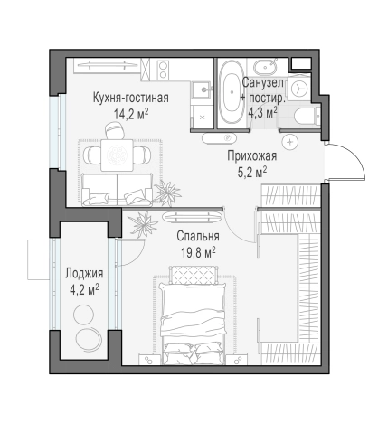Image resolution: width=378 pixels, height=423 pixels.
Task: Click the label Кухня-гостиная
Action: coord(129,97)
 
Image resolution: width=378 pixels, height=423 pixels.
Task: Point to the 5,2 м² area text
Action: coord(251,172)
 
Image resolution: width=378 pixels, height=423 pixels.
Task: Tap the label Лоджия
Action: coord(83,272)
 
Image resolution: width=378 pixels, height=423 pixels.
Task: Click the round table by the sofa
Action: coord(115,155)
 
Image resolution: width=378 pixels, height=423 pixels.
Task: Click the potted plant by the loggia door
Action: coord(138,223)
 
